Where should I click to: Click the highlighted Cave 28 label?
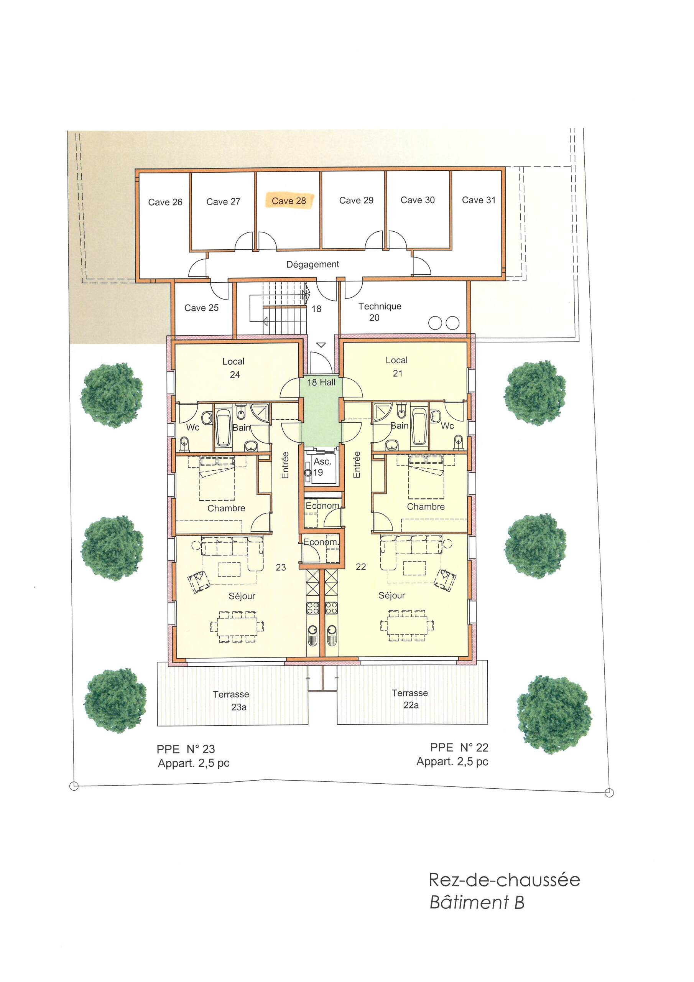[289, 201]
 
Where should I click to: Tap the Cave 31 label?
[479, 200]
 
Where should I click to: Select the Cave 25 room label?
[201, 308]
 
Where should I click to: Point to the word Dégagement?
[312, 264]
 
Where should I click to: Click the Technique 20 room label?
[380, 312]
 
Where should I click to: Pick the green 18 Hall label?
[321, 382]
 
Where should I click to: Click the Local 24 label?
[234, 368]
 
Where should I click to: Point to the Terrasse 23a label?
[231, 700]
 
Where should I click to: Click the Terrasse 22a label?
[409, 699]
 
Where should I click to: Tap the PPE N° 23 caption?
[186, 749]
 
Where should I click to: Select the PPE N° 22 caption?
[459, 747]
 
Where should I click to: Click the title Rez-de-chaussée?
[505, 880]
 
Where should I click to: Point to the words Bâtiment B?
[477, 903]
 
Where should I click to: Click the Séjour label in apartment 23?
[242, 596]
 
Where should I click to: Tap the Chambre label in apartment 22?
[426, 506]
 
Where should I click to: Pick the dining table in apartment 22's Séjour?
[407, 626]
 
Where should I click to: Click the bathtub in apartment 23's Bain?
[223, 428]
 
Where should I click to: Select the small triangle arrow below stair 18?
[321, 345]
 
